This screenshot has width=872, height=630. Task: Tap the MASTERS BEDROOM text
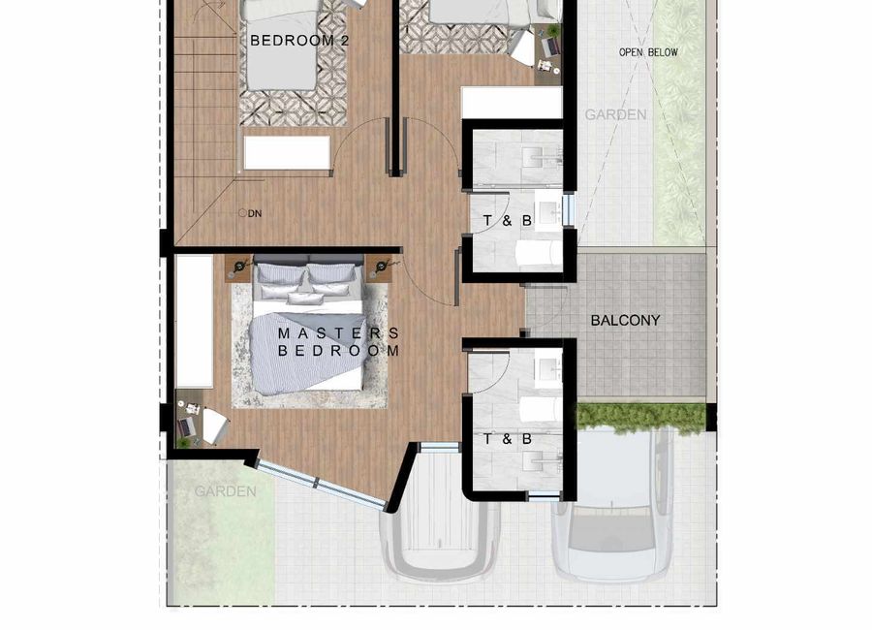tap(339, 342)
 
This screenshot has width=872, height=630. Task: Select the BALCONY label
tap(625, 320)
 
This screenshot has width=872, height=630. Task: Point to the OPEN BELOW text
tap(648, 52)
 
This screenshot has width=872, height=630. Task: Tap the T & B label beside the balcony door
tap(507, 221)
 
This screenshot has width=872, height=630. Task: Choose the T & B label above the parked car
tap(507, 439)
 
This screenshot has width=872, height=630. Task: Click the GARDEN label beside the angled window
tap(225, 491)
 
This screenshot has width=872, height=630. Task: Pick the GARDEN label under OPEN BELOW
tap(615, 114)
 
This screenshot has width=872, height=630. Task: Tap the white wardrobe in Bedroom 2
tap(287, 152)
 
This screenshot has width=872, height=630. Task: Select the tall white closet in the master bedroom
tap(194, 322)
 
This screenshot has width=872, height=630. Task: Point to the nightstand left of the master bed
tap(239, 268)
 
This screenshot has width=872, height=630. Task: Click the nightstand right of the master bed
tap(379, 268)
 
